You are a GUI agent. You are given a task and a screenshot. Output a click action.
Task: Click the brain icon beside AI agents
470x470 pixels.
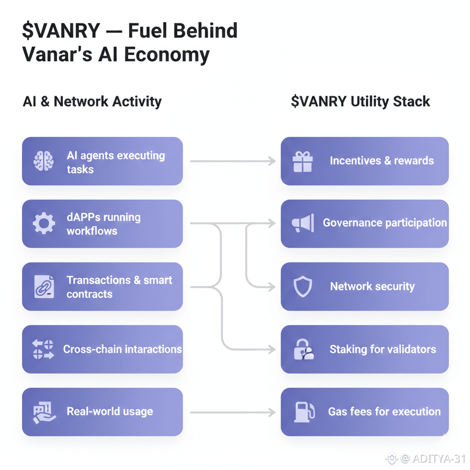click(x=44, y=162)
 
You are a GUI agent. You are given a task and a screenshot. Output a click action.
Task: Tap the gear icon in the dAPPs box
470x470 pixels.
click(x=44, y=224)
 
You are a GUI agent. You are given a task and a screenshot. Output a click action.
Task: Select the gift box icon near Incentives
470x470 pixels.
click(x=302, y=162)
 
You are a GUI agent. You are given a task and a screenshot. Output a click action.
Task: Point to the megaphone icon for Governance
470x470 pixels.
click(x=302, y=224)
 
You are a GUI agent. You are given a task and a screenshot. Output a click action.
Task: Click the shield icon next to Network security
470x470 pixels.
click(x=302, y=287)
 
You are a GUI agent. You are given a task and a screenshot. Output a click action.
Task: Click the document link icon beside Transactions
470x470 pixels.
click(x=44, y=286)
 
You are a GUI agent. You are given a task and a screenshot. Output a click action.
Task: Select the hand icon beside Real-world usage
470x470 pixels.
click(x=44, y=412)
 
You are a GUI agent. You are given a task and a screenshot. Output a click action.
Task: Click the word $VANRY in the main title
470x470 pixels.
click(x=61, y=31)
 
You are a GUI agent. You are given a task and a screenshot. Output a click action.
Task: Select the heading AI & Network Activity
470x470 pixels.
click(x=92, y=101)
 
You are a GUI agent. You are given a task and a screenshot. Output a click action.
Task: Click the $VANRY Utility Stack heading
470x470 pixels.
click(x=360, y=101)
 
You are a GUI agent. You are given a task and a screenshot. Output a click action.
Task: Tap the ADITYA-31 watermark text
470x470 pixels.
click(x=439, y=458)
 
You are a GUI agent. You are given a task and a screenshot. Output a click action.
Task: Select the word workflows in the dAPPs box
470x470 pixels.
click(x=92, y=230)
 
